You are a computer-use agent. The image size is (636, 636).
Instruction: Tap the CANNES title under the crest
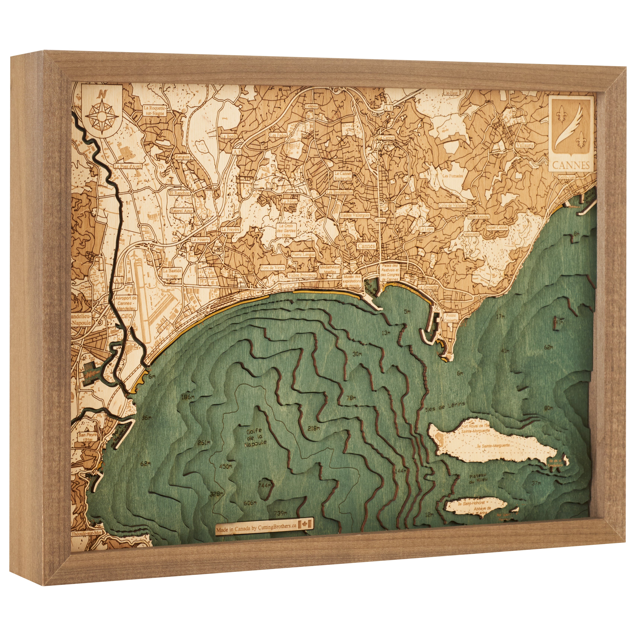pos(571,165)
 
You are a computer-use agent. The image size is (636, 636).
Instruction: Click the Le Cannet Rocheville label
pos(343,176)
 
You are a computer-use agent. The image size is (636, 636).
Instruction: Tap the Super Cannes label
pos(497,227)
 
